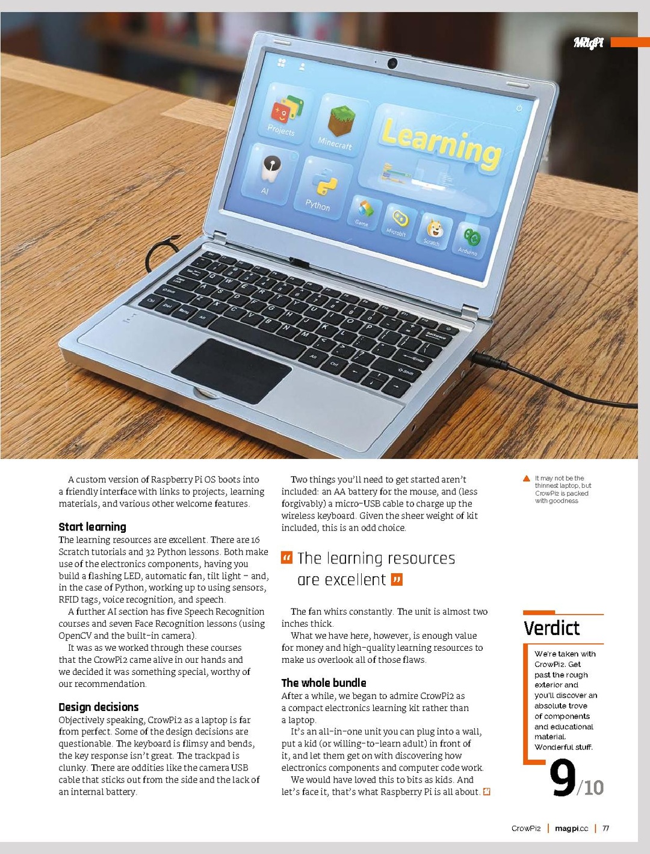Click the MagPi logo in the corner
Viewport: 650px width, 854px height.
point(588,42)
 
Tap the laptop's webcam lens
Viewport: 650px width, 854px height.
point(392,63)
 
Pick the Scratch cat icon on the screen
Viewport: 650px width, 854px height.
point(434,230)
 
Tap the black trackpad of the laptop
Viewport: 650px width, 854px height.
point(232,370)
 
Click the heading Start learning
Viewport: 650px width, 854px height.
point(92,527)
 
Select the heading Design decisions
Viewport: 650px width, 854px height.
point(99,707)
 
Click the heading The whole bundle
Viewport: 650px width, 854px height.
point(324,683)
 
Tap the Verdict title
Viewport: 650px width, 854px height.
point(551,628)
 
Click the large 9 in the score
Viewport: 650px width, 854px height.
point(563,779)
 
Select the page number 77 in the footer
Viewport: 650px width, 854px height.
point(606,828)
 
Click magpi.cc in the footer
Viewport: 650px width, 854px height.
point(571,828)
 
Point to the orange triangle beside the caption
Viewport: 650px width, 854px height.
point(527,479)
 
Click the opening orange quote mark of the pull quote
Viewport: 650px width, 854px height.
point(287,558)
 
